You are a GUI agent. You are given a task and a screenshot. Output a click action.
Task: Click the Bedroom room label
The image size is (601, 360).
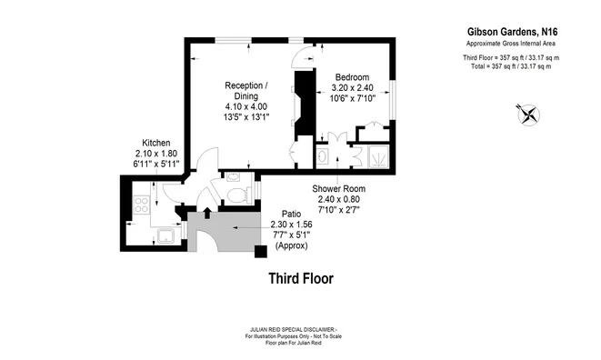tap(353, 77)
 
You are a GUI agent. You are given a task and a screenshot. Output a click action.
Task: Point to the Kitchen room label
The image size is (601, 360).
tap(157, 143)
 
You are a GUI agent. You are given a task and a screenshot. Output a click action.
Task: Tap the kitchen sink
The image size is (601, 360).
tap(165, 237)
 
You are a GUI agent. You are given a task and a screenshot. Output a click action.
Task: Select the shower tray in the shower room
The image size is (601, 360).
tap(373, 156)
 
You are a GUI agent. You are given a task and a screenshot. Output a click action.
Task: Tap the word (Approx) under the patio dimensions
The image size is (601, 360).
tap(292, 246)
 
